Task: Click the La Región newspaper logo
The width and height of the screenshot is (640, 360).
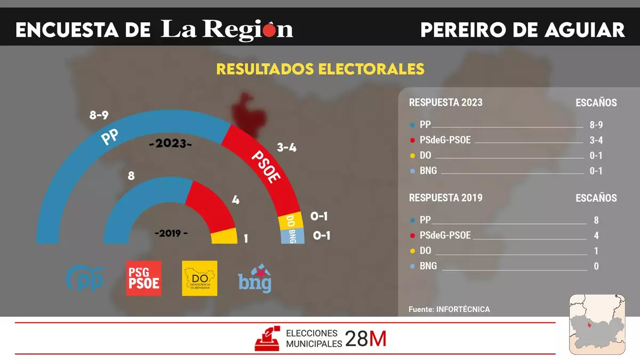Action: click(227, 30)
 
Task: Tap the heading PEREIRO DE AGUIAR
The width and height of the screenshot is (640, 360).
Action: click(522, 30)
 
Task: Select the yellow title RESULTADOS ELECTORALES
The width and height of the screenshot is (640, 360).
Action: click(320, 69)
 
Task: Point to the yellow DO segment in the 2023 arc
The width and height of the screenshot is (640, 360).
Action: click(291, 221)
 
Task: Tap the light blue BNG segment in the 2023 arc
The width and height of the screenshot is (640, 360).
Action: click(292, 236)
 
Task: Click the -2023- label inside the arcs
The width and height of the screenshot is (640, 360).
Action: click(171, 144)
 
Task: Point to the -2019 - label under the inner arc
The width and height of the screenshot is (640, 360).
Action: click(171, 234)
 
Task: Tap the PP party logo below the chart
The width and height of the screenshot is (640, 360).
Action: click(84, 278)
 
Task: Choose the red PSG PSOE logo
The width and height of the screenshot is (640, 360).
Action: click(143, 278)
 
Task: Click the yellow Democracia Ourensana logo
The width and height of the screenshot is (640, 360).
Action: click(199, 278)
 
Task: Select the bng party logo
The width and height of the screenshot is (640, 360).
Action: click(255, 278)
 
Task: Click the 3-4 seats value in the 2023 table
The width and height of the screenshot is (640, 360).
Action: click(596, 140)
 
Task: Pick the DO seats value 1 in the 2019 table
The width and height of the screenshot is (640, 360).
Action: click(596, 251)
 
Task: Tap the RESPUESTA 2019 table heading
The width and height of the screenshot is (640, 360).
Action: click(445, 198)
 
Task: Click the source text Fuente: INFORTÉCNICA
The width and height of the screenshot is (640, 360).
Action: click(449, 309)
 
